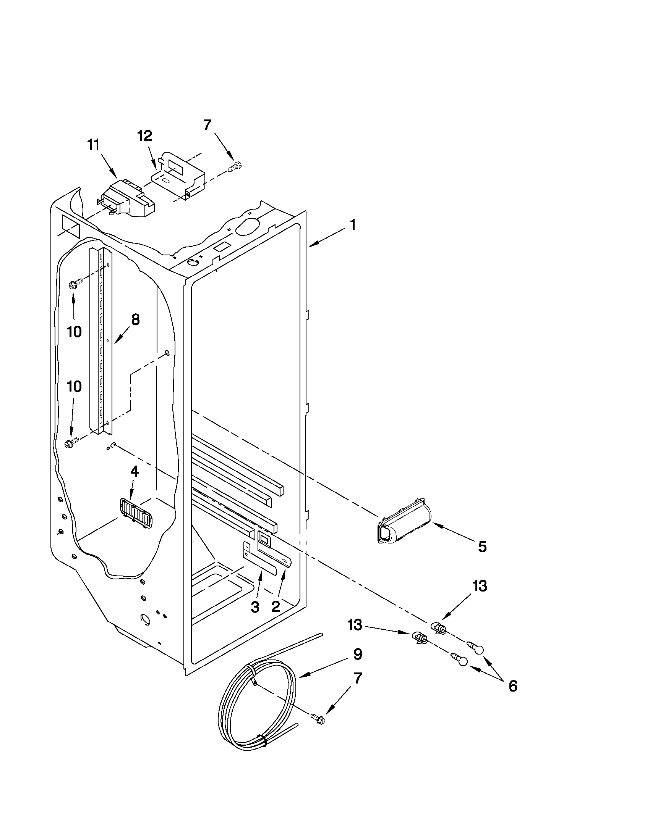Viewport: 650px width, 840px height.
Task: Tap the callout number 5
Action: pos(482,547)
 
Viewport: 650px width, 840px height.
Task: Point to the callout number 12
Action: pos(145,136)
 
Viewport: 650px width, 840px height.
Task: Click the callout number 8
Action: pos(135,319)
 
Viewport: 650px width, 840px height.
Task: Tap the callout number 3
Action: pos(255,607)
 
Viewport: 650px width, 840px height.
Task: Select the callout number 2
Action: pos(276,606)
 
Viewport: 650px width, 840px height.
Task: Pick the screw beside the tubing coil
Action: pos(318,718)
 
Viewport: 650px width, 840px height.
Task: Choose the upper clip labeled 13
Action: pos(438,628)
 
